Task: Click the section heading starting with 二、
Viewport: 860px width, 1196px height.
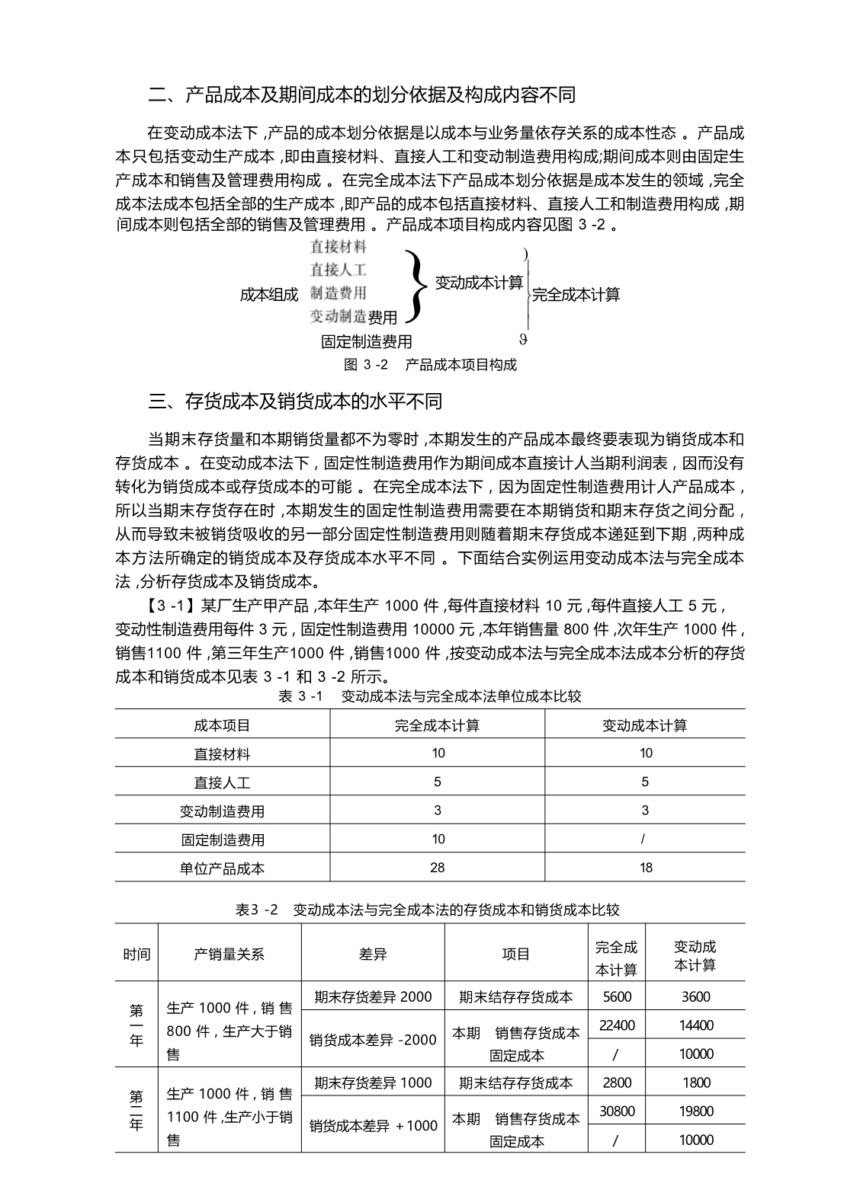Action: (x=361, y=94)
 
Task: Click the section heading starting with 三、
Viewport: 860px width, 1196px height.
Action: (x=295, y=401)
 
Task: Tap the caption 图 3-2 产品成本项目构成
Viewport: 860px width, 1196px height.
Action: (x=430, y=365)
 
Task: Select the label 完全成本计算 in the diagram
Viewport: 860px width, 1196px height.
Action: (x=576, y=295)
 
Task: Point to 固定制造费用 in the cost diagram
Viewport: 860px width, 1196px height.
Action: (x=366, y=341)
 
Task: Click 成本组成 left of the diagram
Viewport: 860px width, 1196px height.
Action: (x=268, y=295)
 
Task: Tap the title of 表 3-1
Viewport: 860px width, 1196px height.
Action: (x=430, y=696)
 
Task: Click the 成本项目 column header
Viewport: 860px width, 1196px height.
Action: (x=222, y=725)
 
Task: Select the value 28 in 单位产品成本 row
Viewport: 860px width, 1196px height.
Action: (x=437, y=868)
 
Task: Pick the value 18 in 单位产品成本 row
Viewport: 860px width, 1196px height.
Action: (x=646, y=868)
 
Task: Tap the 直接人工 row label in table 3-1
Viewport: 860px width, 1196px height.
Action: (x=222, y=782)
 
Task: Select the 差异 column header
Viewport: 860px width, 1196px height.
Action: (x=373, y=954)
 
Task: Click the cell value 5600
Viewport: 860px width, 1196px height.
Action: (x=617, y=996)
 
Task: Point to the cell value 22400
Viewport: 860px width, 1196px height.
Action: (x=617, y=1025)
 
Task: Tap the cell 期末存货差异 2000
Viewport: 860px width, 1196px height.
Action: (x=373, y=996)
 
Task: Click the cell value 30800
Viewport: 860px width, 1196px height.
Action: (x=617, y=1111)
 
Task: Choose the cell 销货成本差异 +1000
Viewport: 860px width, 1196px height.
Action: (x=374, y=1125)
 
